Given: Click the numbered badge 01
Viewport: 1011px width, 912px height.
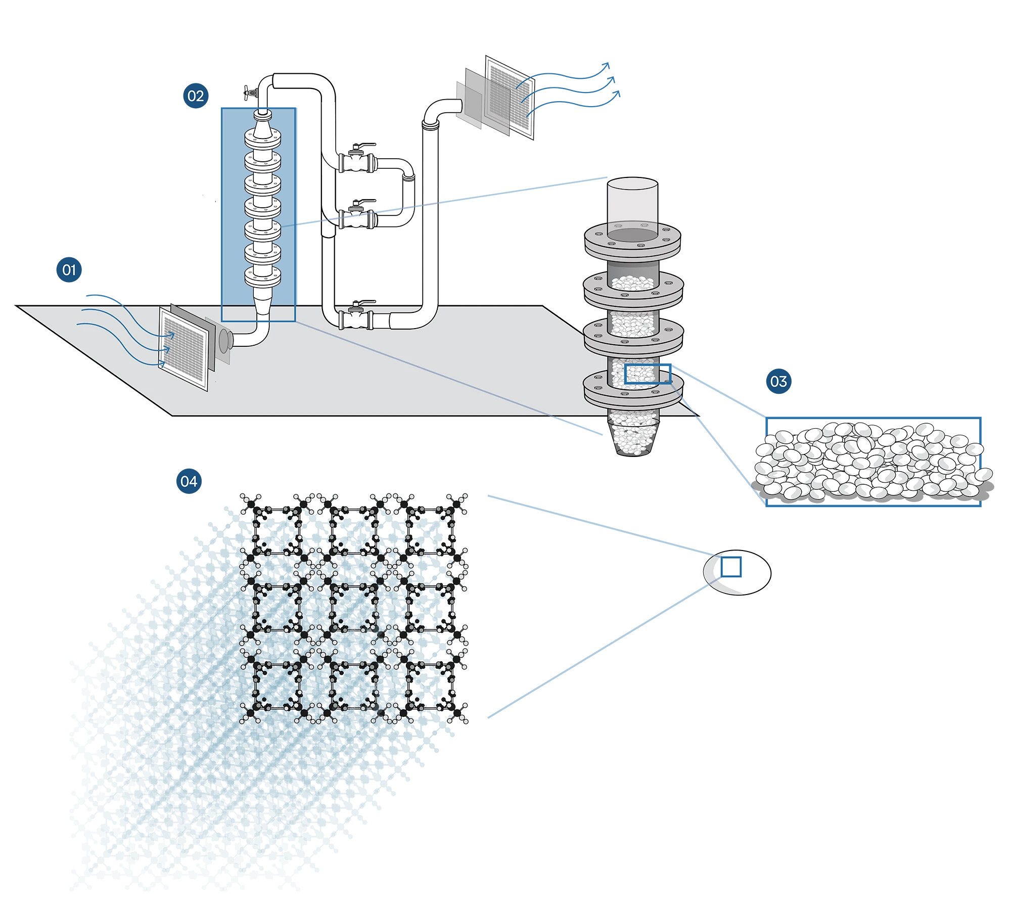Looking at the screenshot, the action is click(x=69, y=269).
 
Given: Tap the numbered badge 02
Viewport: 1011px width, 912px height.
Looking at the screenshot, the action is click(x=196, y=96).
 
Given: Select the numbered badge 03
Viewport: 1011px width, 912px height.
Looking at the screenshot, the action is click(x=778, y=381).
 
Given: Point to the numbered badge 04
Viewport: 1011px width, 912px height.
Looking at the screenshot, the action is click(x=189, y=481).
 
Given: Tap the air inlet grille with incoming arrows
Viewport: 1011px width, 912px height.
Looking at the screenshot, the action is click(x=183, y=349).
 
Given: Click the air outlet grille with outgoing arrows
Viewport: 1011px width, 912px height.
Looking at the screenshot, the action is click(x=510, y=98).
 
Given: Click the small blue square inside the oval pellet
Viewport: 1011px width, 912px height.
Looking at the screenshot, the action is click(x=731, y=567).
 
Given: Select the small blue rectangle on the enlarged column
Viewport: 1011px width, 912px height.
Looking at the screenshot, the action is click(x=648, y=374).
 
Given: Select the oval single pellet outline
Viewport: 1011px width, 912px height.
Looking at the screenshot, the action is click(x=737, y=572).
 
